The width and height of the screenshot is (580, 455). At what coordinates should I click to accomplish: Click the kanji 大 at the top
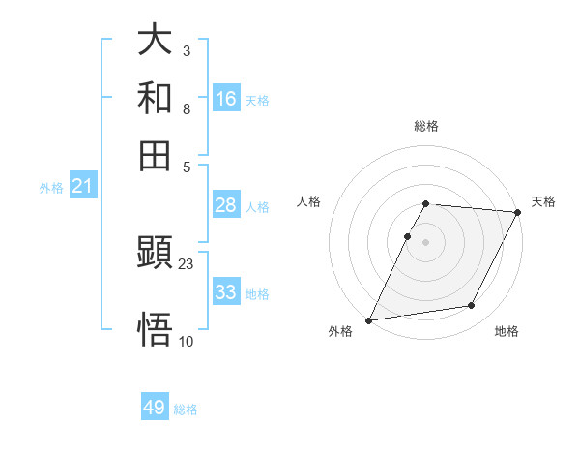click(155, 41)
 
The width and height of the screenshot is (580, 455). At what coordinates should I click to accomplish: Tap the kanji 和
click(155, 98)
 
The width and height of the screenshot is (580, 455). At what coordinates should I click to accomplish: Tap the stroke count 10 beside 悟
click(187, 341)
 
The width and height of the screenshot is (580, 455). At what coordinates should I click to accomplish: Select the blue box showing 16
click(226, 98)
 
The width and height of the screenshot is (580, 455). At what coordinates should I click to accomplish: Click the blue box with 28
click(226, 205)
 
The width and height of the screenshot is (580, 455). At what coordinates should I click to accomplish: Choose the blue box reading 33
click(226, 292)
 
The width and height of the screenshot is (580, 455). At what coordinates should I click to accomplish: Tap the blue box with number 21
click(82, 186)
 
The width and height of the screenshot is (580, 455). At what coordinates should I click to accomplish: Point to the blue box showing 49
click(155, 408)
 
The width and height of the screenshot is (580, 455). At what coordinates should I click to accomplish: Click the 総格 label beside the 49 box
click(186, 409)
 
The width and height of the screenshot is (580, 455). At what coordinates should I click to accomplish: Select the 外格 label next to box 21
click(51, 188)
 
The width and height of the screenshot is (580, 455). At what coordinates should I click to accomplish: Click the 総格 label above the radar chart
click(426, 126)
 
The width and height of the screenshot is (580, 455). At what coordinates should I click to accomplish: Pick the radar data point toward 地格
click(472, 306)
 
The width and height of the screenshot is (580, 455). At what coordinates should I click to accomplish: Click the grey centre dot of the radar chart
click(426, 241)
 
